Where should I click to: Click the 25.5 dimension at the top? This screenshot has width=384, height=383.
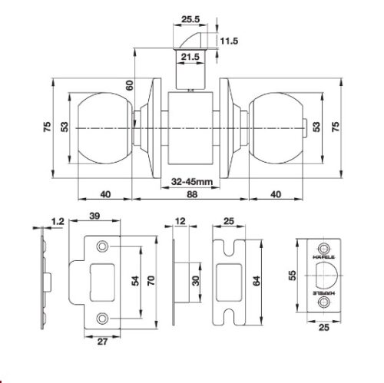tap(190, 19)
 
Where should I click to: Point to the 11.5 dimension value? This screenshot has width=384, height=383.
tap(229, 41)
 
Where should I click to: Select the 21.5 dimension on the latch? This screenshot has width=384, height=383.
tap(190, 57)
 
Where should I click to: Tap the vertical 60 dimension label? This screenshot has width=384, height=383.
tap(130, 85)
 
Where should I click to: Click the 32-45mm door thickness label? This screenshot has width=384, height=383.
tap(192, 182)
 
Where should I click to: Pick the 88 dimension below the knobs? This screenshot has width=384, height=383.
tap(192, 194)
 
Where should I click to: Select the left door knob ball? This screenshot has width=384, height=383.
tap(105, 128)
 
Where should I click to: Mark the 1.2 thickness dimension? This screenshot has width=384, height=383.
tap(58, 221)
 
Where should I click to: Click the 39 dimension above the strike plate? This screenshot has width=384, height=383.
tap(94, 216)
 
